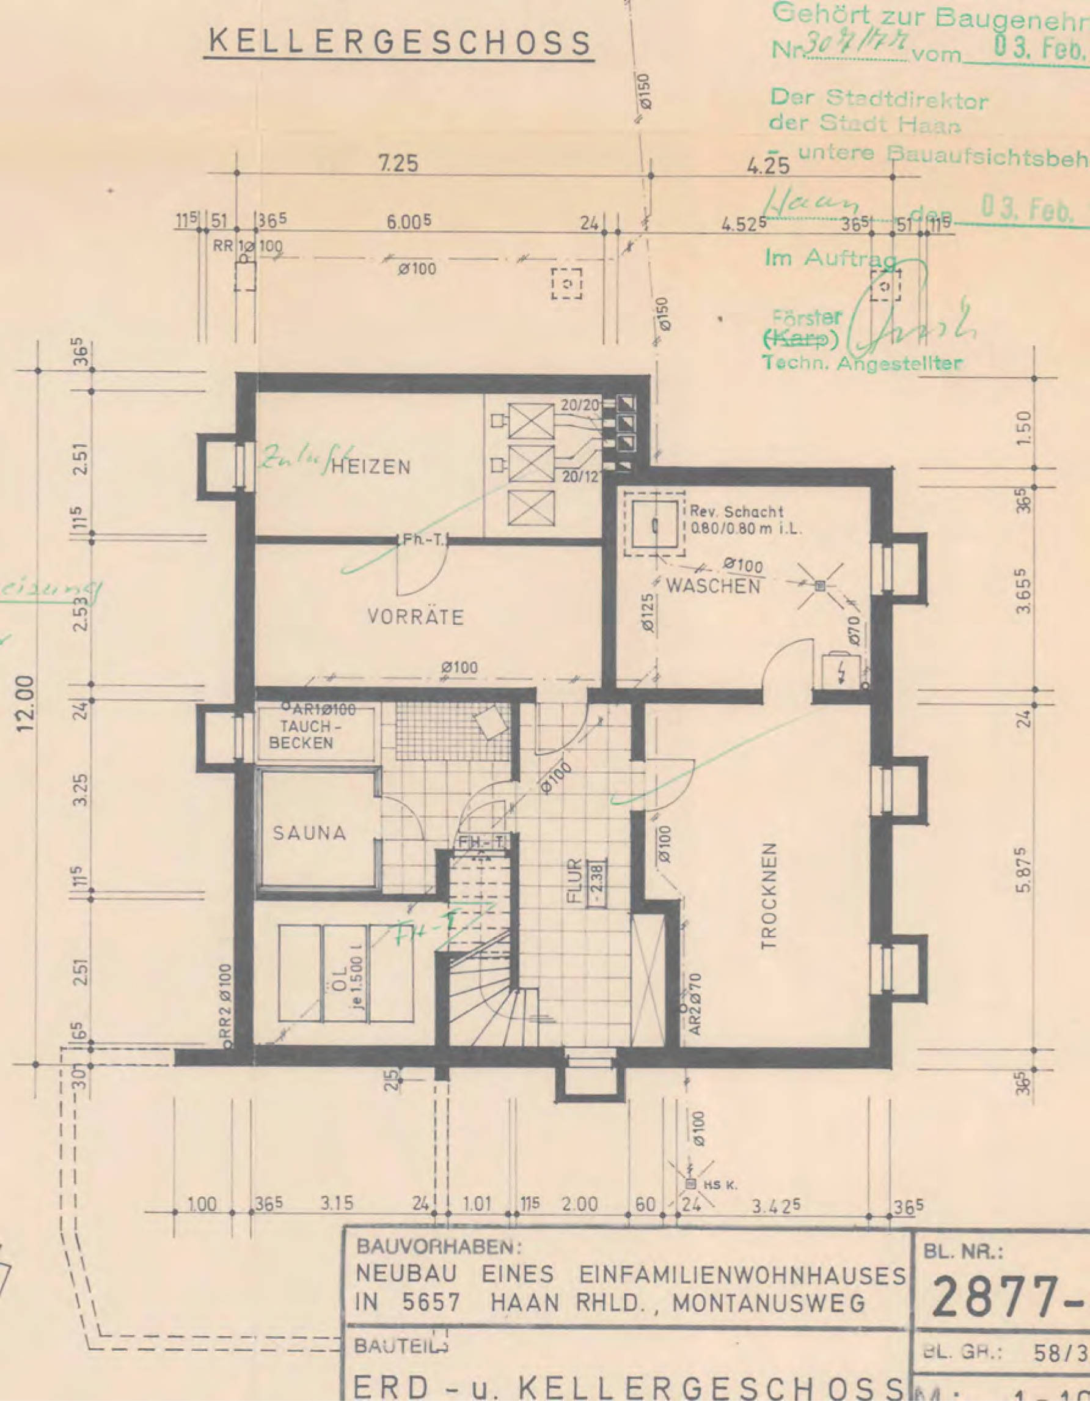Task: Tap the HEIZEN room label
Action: (371, 467)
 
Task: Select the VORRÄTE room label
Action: (415, 617)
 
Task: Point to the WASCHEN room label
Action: (714, 586)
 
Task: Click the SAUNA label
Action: (310, 833)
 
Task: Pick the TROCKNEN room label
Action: (770, 895)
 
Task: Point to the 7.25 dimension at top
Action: (397, 164)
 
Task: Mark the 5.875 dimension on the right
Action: (1025, 870)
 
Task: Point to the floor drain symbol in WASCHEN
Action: (819, 586)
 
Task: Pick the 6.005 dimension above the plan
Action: (408, 222)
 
